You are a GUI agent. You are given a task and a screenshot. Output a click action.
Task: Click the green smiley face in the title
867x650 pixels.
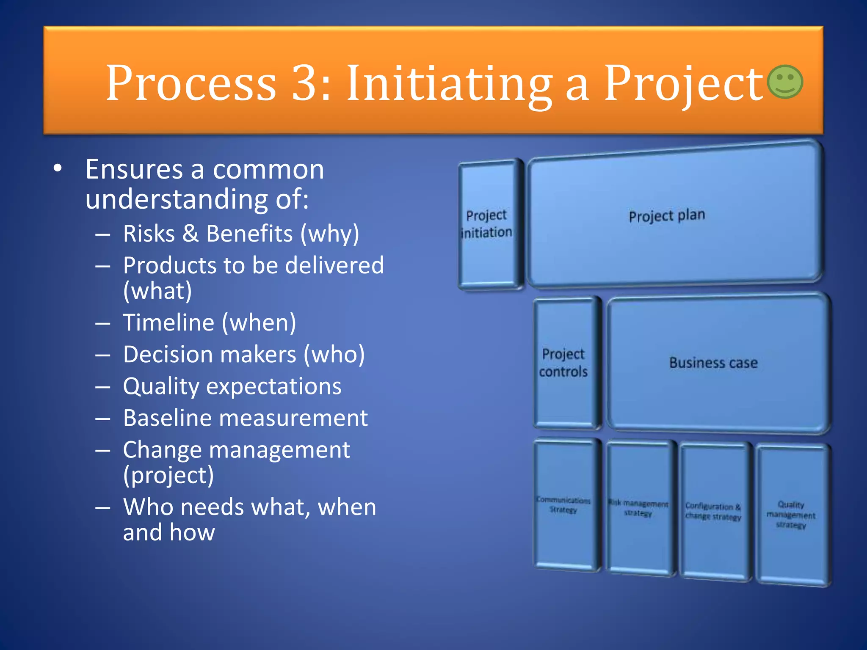tap(785, 82)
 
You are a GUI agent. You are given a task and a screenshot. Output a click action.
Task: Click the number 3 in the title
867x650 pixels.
tap(306, 83)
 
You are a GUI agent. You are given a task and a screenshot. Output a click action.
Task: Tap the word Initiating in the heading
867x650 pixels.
tap(449, 84)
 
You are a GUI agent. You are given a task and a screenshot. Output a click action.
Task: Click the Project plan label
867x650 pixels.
tap(667, 215)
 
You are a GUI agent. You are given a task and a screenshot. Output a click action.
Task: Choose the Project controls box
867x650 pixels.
tap(563, 363)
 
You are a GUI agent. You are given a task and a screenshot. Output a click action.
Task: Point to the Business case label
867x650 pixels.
tap(713, 363)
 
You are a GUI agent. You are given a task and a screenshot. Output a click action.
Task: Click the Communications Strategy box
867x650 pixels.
tap(563, 505)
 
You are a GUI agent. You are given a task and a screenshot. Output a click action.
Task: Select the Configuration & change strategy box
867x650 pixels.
tap(713, 511)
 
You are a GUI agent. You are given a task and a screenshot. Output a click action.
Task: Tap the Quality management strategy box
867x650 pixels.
tap(791, 515)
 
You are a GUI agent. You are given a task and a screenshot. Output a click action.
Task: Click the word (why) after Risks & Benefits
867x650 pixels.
tap(330, 234)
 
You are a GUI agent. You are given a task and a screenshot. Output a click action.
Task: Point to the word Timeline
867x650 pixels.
tap(169, 322)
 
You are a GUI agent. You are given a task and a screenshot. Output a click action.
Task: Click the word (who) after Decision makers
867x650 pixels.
tap(334, 354)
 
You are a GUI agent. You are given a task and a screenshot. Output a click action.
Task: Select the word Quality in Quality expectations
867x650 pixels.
tap(161, 386)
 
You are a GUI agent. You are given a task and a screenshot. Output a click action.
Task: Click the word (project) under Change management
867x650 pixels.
tap(168, 475)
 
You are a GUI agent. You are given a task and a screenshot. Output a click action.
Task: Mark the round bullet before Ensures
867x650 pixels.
tap(58, 168)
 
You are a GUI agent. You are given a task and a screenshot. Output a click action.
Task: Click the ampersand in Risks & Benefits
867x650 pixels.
tap(191, 234)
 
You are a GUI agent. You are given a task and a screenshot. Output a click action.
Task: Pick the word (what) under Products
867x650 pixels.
tap(157, 291)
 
